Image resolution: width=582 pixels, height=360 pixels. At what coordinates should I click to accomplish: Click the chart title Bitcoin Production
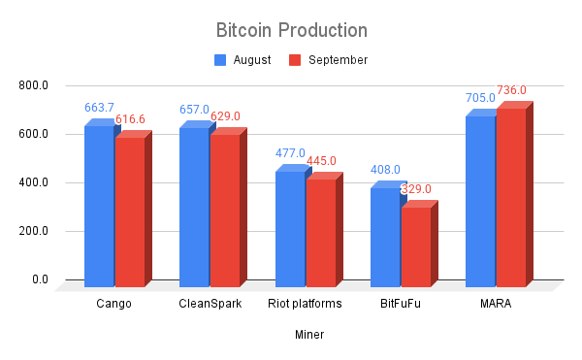[x=291, y=29]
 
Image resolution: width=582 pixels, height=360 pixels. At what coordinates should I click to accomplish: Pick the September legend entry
[x=329, y=60]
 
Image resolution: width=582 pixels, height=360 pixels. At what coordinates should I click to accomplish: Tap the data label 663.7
[x=99, y=108]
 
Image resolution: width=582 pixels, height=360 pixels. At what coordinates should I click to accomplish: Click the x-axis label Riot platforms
[x=305, y=304]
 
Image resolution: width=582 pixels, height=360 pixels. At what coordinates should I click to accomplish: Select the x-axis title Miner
[x=309, y=335]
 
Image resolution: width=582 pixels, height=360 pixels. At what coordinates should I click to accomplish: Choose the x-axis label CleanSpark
[x=210, y=304]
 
